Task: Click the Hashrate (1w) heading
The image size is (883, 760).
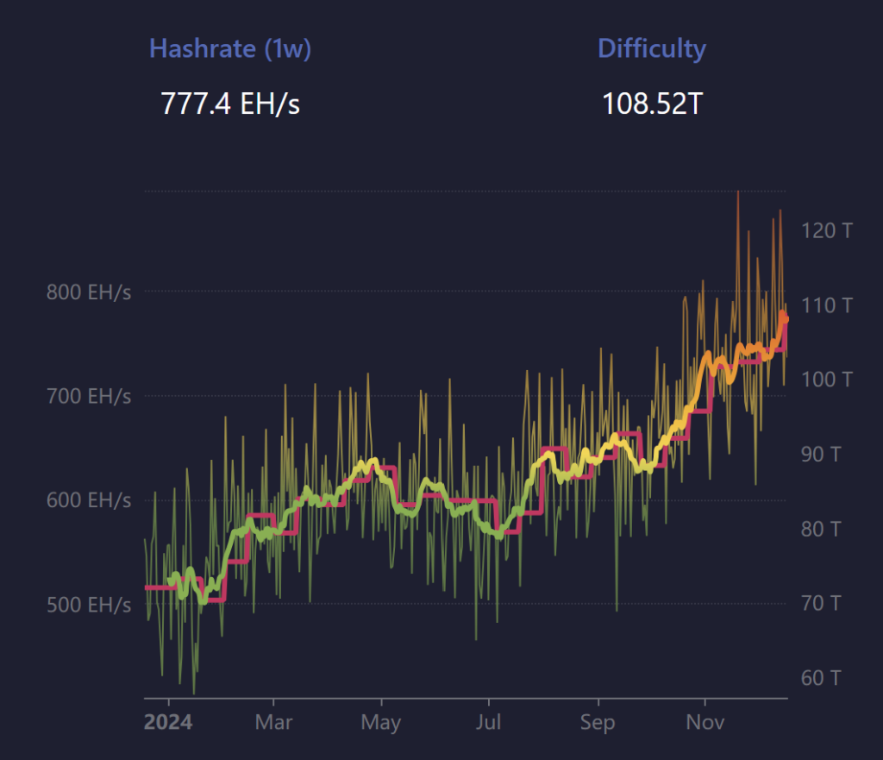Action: tap(230, 48)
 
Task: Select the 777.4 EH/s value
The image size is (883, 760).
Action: tap(230, 104)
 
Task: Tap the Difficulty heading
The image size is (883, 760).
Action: tap(652, 48)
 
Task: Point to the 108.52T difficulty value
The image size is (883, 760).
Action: tap(652, 104)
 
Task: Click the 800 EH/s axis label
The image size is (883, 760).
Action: tap(89, 292)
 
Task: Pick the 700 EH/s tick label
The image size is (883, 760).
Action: tap(89, 397)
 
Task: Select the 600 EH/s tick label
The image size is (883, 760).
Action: tap(89, 500)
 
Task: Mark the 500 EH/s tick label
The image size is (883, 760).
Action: tap(89, 605)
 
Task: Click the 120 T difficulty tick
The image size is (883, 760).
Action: tap(825, 230)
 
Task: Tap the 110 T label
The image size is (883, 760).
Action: tap(825, 305)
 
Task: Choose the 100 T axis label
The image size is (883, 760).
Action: tap(825, 379)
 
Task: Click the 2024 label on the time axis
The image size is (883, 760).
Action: tap(168, 721)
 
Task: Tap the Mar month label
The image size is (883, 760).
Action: tap(273, 721)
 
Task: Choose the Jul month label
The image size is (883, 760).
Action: tap(489, 721)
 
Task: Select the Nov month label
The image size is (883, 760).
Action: tap(705, 721)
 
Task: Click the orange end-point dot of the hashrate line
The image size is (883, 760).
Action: tap(784, 319)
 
